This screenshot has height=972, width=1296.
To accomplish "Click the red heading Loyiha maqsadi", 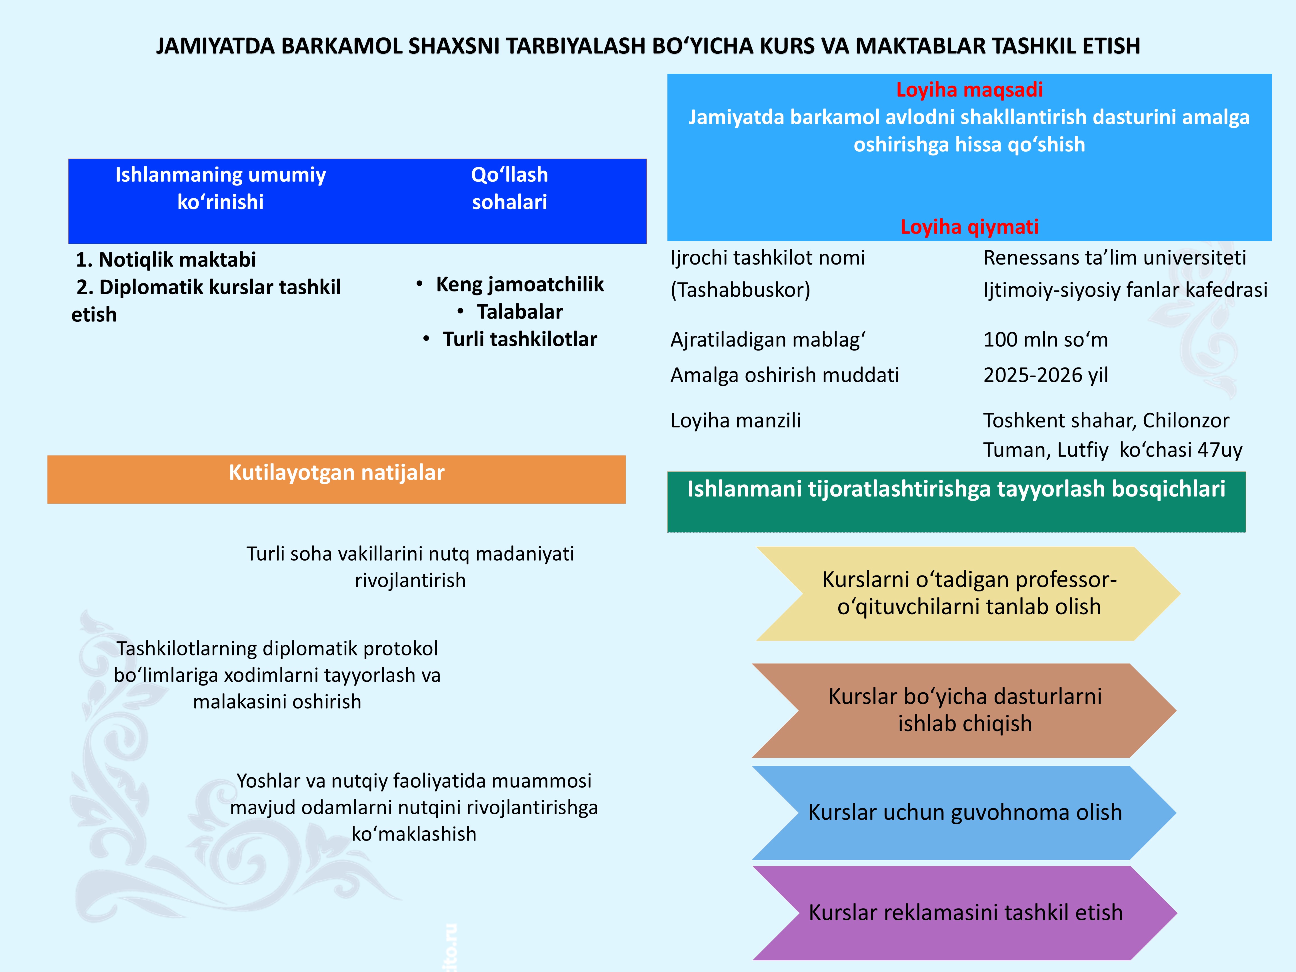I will tap(969, 90).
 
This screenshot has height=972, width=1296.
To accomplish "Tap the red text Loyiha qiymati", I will tap(969, 227).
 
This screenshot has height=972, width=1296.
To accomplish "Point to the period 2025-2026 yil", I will tap(1045, 375).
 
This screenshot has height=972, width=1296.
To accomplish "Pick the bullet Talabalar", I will tap(519, 312).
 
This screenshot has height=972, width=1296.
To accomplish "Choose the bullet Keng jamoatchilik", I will tap(519, 284).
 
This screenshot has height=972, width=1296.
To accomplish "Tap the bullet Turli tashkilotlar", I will tap(519, 339).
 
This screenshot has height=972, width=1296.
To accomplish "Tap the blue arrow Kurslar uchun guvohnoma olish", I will tap(964, 813).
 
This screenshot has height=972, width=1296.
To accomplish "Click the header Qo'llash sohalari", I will tap(509, 188).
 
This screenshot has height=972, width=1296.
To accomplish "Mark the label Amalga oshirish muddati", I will tap(785, 375).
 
